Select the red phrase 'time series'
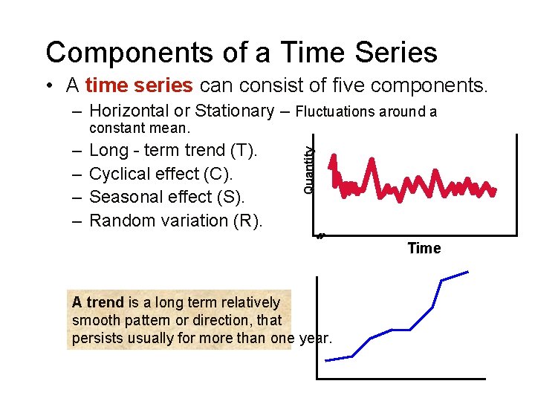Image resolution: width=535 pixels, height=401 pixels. pyautogui.click(x=139, y=85)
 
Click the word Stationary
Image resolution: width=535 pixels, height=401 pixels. pyautogui.click(x=234, y=111)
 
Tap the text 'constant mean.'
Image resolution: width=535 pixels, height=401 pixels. pyautogui.click(x=140, y=128)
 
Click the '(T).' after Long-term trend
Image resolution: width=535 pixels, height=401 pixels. pyautogui.click(x=244, y=151)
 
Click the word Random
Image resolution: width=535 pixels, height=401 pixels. pyautogui.click(x=118, y=221)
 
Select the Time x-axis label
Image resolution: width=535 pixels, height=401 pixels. pyautogui.click(x=424, y=248)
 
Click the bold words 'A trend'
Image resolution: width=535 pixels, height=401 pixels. pyautogui.click(x=97, y=303)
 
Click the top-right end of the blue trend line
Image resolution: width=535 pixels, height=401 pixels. pyautogui.click(x=468, y=273)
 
